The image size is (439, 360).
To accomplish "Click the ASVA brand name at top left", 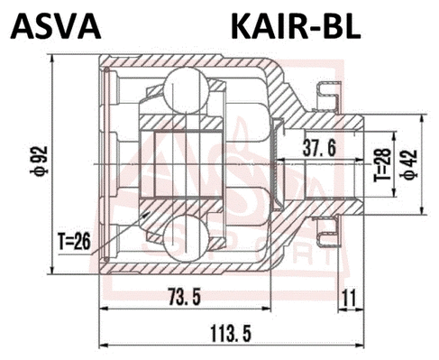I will pyautogui.click(x=55, y=26).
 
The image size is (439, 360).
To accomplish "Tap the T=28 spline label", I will pyautogui.click(x=382, y=164).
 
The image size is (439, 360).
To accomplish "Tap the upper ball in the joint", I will pyautogui.click(x=186, y=90).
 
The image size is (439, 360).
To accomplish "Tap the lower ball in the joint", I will pyautogui.click(x=186, y=236).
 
